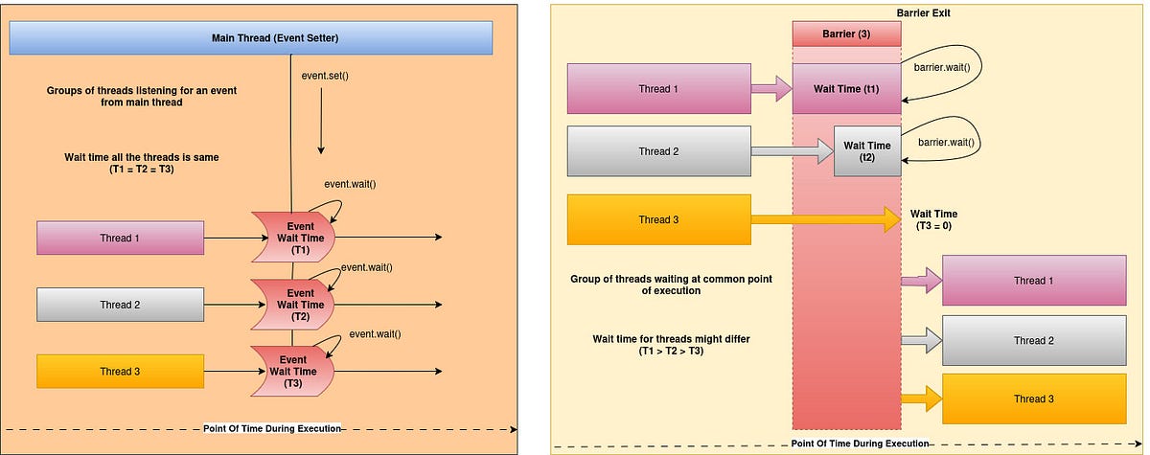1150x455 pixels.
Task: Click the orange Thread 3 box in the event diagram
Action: click(x=121, y=371)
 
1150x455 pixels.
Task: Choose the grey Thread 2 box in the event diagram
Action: click(x=121, y=305)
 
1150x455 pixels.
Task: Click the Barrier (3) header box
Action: click(x=847, y=33)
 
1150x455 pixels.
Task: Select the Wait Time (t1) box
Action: click(x=847, y=89)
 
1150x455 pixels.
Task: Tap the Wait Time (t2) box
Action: click(x=866, y=151)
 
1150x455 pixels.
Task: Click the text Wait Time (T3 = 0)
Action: click(x=933, y=220)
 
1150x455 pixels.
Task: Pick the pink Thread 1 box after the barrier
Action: click(x=1033, y=281)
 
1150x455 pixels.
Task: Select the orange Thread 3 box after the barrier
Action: click(x=1033, y=398)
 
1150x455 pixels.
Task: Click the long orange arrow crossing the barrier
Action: click(x=824, y=219)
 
